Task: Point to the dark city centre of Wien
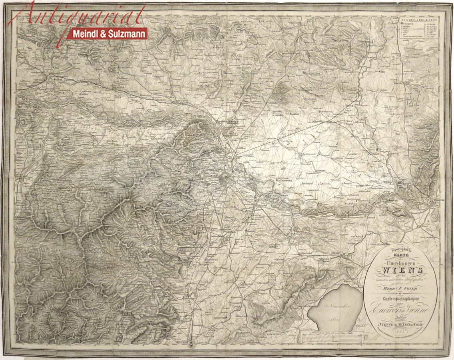pyautogui.click(x=226, y=180)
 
